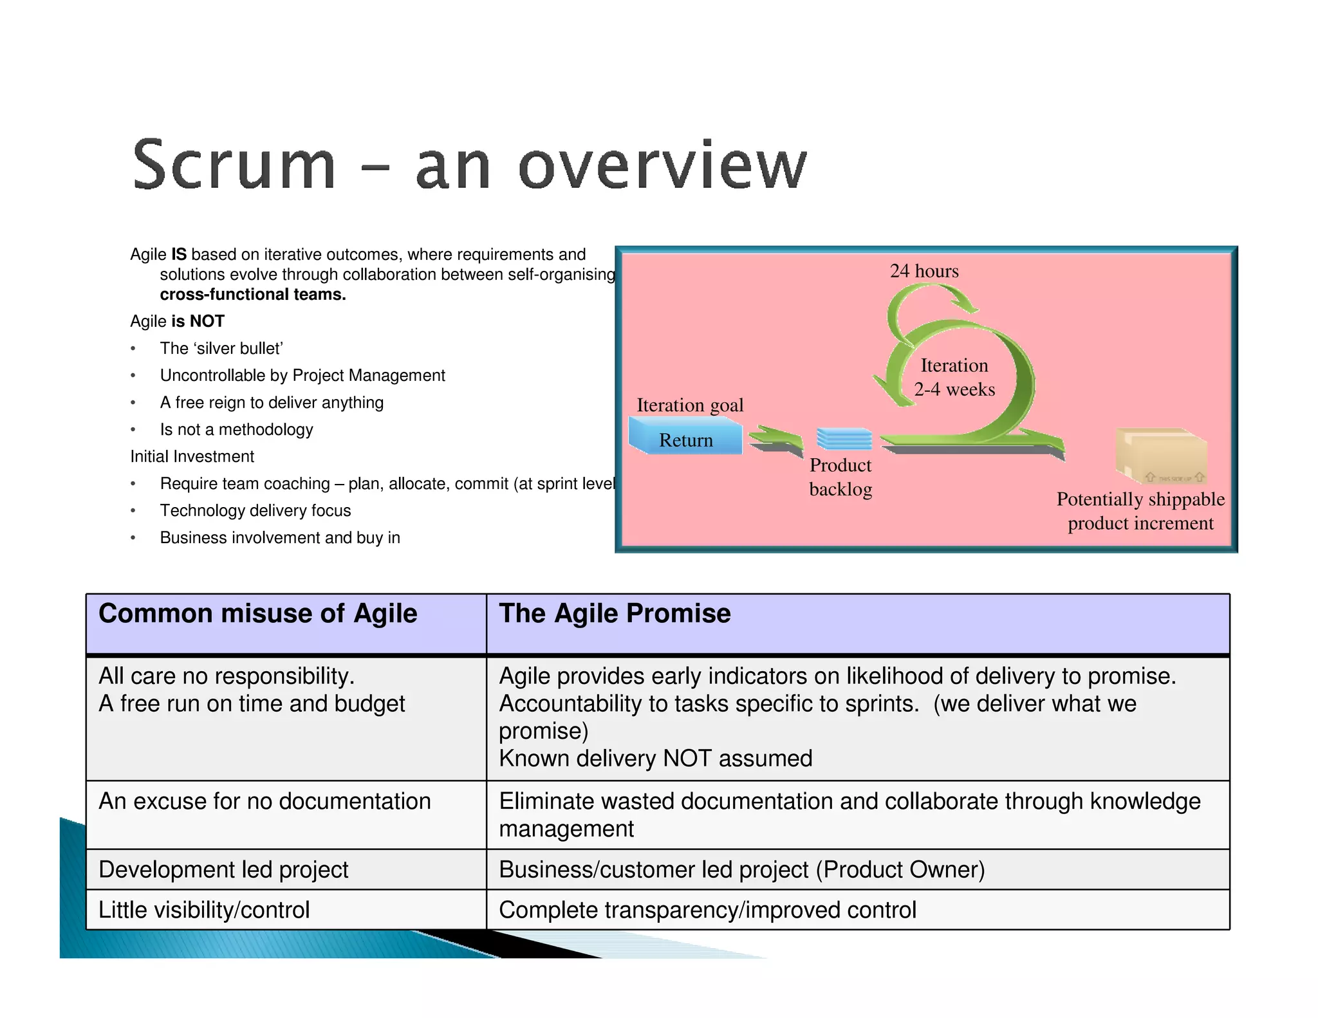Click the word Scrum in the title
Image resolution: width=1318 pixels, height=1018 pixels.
click(x=234, y=165)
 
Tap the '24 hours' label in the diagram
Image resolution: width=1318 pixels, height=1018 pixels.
click(x=924, y=271)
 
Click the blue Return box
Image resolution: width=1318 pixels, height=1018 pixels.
click(x=685, y=440)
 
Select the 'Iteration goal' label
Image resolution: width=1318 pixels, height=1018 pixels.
click(x=690, y=405)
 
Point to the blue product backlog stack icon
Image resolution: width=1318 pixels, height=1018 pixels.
click(x=844, y=439)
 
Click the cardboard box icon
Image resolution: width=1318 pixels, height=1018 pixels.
click(x=1160, y=455)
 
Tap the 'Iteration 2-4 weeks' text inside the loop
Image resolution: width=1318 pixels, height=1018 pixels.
click(x=954, y=377)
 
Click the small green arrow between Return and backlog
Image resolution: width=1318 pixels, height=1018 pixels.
click(x=776, y=441)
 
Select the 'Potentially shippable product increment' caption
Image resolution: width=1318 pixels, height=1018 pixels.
click(x=1140, y=511)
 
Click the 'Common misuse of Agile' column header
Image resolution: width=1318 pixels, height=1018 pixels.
click(x=257, y=613)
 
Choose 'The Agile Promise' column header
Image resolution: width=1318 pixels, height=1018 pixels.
click(x=615, y=613)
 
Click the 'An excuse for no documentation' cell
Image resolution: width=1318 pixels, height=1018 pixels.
click(x=265, y=801)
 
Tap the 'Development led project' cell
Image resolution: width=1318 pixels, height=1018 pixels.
click(x=223, y=869)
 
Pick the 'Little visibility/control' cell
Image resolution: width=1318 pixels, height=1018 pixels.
click(x=204, y=910)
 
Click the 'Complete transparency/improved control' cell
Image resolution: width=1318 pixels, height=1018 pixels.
click(x=707, y=910)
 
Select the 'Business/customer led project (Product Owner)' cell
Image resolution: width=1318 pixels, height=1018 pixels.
click(x=741, y=869)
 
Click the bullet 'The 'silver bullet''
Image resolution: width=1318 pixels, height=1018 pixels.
click(x=221, y=348)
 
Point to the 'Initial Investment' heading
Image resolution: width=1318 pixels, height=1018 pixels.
click(x=192, y=456)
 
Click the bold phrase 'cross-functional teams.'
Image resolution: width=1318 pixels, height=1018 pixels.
click(x=253, y=294)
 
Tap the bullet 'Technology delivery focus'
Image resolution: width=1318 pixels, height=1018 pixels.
click(x=255, y=510)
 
